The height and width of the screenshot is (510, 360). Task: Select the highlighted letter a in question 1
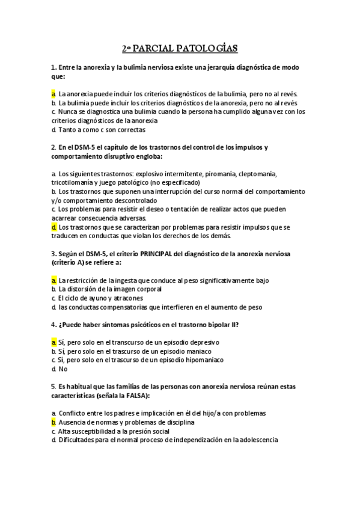point(53,94)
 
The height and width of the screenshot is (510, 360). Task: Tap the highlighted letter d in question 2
point(53,227)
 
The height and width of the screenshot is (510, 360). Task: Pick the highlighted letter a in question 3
point(53,280)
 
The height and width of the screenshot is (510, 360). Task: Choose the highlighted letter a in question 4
point(53,342)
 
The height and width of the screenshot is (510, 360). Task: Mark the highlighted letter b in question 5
point(53,422)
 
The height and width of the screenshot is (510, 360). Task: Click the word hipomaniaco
point(202,360)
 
